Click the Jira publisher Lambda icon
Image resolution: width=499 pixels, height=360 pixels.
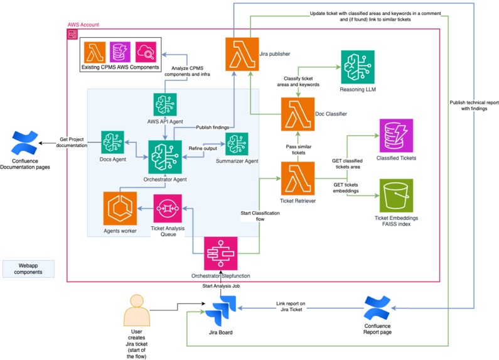point(242,54)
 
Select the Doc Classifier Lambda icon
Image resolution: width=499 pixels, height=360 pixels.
point(298,114)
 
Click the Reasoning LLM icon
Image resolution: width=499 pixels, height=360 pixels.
point(357,67)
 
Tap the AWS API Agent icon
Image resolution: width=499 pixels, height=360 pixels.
point(164,104)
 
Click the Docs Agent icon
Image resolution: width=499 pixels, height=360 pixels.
point(112,143)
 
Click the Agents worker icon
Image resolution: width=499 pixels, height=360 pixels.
point(120,209)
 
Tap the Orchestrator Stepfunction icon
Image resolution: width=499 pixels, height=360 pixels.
point(220,253)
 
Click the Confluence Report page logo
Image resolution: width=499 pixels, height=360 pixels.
point(378,308)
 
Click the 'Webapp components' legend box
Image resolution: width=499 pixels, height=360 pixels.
point(26,268)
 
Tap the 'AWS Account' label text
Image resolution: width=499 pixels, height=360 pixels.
point(83,25)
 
